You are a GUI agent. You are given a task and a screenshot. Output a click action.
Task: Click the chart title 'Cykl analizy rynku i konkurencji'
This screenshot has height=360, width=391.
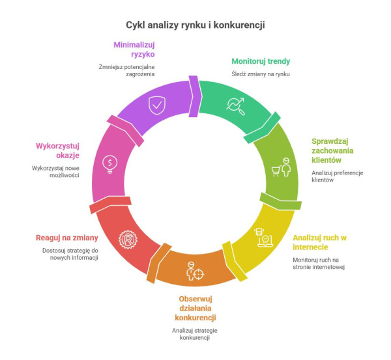[x=195, y=25]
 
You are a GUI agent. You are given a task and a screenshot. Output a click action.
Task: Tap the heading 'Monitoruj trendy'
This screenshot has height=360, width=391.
[x=261, y=62]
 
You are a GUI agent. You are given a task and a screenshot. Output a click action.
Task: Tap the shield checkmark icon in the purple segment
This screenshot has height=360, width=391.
[x=156, y=105]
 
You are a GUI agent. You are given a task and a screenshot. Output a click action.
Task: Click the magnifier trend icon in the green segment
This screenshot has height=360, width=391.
[x=235, y=105]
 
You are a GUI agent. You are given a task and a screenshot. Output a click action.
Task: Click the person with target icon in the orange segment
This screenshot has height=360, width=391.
[x=195, y=271]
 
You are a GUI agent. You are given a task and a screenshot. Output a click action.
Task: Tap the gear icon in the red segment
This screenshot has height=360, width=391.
[x=127, y=241]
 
